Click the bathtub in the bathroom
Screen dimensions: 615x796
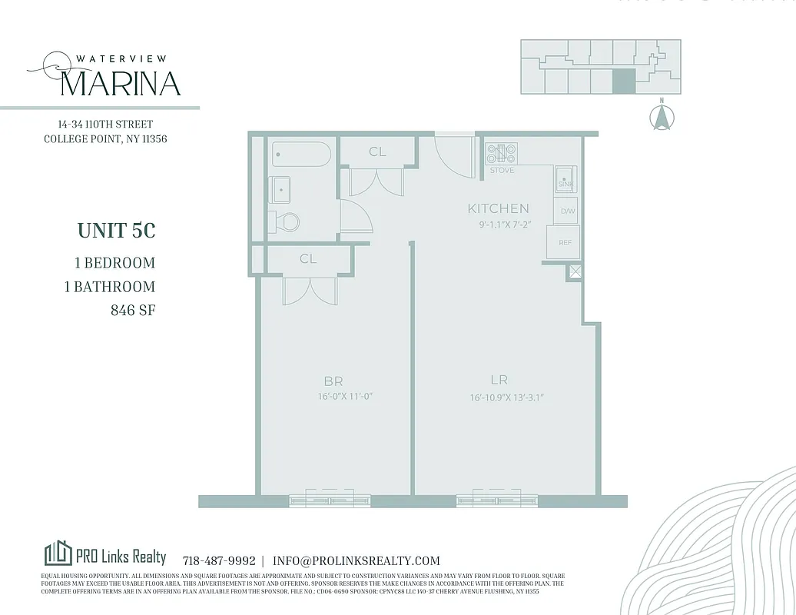[x=302, y=155]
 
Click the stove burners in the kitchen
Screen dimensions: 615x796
[x=501, y=153]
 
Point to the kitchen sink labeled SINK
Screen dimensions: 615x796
[x=565, y=180]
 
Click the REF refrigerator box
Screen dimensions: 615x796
[x=564, y=243]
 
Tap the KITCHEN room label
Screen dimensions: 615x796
[x=499, y=208]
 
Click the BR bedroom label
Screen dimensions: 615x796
[x=333, y=381]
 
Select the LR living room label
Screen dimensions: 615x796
[x=499, y=380]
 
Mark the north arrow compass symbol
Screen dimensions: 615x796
[x=662, y=117]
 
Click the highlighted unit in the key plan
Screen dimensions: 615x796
[x=624, y=81]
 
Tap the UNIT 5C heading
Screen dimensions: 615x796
[x=116, y=231]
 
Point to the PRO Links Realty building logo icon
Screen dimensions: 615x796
[x=58, y=553]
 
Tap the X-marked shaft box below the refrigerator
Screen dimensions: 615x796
[x=575, y=271]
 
